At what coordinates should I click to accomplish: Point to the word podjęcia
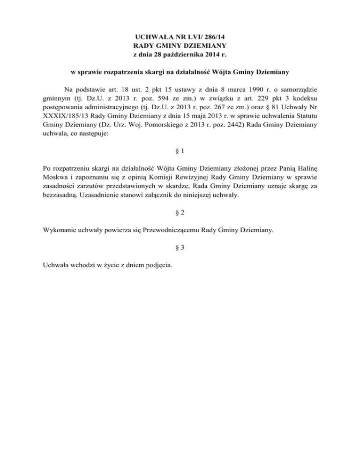[157, 266]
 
